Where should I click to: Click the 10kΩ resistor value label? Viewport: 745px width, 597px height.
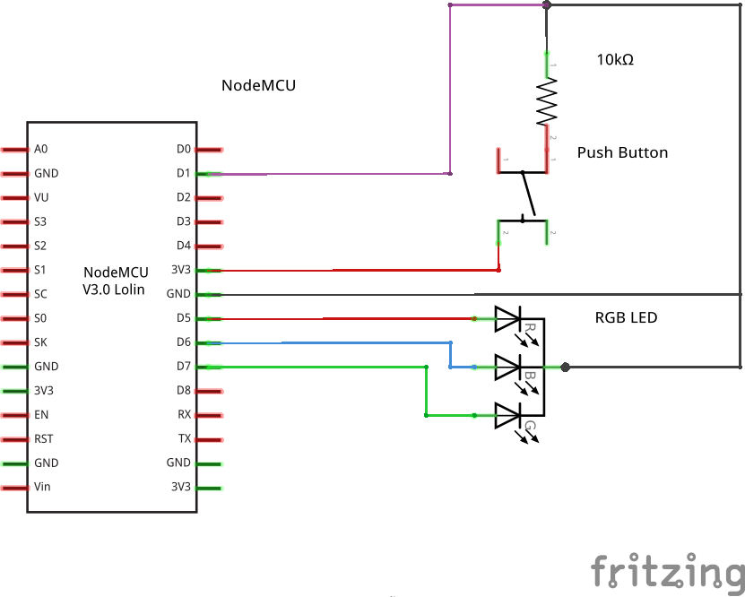coord(615,61)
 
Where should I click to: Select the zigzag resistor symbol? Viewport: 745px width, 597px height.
coord(547,100)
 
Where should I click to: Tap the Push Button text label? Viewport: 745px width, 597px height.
coord(622,152)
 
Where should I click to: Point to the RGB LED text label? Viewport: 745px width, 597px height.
coord(627,318)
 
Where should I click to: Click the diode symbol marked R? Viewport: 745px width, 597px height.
coord(508,318)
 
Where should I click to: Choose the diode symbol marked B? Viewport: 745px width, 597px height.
coord(508,367)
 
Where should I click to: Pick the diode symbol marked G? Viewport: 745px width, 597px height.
coord(508,415)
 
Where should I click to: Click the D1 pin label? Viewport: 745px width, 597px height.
coord(183,173)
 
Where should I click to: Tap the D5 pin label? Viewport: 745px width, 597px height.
coord(183,318)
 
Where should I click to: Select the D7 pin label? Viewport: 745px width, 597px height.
coord(183,367)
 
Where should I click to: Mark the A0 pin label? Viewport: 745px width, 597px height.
coord(41,149)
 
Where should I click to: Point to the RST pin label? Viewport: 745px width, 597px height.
coord(43,439)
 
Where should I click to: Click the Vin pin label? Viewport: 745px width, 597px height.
coord(42,488)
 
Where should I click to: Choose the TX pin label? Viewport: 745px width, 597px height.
coord(184,439)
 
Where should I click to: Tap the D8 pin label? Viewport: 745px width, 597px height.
coord(183,391)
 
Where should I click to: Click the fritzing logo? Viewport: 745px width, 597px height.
coord(667,571)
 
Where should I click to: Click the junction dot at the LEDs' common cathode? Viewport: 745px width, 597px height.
coord(565,367)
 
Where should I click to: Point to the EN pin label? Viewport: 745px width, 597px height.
coord(41,415)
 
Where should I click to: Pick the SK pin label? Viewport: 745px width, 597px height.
coord(41,342)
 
